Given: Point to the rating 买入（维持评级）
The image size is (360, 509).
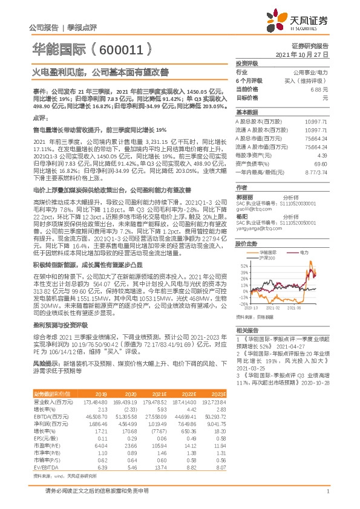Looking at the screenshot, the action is pyautogui.click(x=307, y=80).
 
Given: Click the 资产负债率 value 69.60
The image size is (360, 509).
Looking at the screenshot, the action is pyautogui.click(x=321, y=163).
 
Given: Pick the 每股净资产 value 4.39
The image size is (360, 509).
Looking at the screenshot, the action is pyautogui.click(x=322, y=155).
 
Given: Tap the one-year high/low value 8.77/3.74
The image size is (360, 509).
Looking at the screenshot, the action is pyautogui.click(x=317, y=172).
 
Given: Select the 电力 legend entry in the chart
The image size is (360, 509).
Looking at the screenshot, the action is pyautogui.click(x=304, y=251).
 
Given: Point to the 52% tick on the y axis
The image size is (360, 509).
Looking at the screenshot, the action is pyautogui.click(x=243, y=265).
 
